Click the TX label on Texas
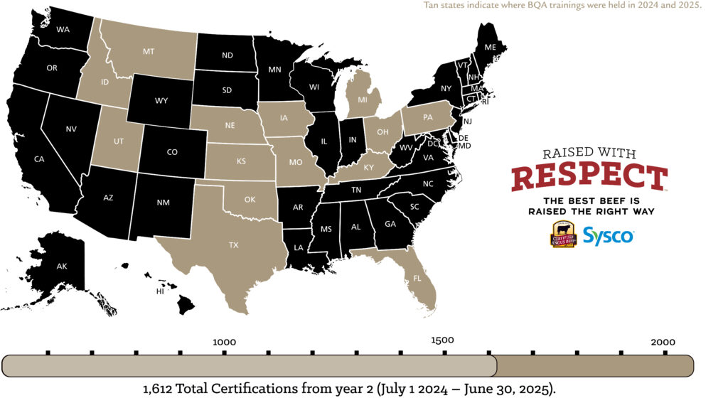[234, 244]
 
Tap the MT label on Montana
[149, 52]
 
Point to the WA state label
[63, 30]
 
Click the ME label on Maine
[491, 47]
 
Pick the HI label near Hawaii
[161, 291]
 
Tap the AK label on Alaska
[62, 266]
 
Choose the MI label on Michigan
[363, 99]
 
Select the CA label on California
[39, 159]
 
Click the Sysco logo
[608, 235]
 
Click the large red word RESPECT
[589, 177]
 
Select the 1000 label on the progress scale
[224, 342]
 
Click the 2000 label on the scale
[663, 342]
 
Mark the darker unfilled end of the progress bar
[594, 366]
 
